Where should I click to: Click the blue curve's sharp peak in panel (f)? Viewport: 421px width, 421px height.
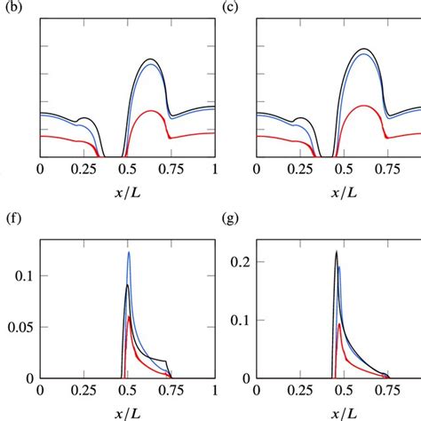click(x=129, y=252)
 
